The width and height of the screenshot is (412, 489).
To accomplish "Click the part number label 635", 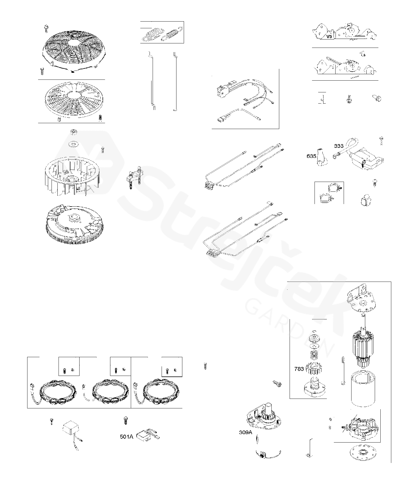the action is coord(311,156).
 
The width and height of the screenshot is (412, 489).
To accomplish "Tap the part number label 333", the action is coord(339,146).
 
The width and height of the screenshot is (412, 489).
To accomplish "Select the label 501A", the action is coord(127,436).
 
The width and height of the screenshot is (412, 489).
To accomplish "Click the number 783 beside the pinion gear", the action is coord(299,369).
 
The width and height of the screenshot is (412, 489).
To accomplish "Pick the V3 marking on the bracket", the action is coord(329,37).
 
